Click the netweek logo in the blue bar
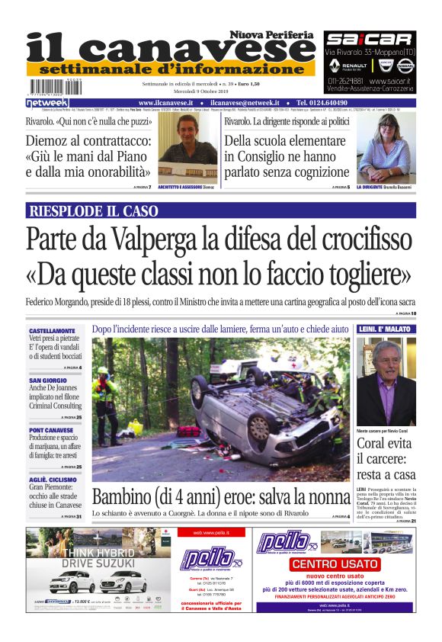point(47,102)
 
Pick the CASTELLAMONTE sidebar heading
point(53,330)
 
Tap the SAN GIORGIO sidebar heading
point(48,380)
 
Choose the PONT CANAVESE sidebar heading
point(51,429)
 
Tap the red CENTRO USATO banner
point(335,563)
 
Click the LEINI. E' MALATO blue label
point(386,329)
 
